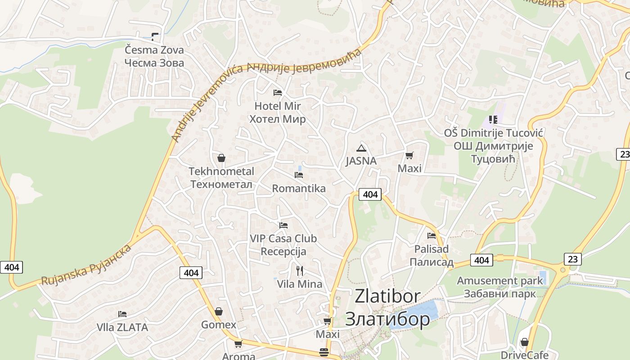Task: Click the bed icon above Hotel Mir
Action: click(278, 93)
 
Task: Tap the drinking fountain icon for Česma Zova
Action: click(155, 36)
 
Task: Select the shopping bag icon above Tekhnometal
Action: click(221, 158)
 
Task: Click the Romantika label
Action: click(299, 188)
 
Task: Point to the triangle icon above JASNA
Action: click(361, 148)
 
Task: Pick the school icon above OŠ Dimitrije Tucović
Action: click(493, 120)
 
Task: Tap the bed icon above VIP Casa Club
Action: click(283, 225)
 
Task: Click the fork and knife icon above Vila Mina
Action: click(300, 270)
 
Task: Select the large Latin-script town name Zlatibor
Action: click(387, 296)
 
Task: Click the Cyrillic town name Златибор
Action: click(387, 319)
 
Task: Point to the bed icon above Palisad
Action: click(432, 235)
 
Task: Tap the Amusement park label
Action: click(500, 281)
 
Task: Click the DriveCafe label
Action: click(525, 355)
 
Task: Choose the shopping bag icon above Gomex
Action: click(219, 311)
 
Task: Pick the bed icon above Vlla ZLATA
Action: click(122, 314)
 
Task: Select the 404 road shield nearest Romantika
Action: click(370, 194)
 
